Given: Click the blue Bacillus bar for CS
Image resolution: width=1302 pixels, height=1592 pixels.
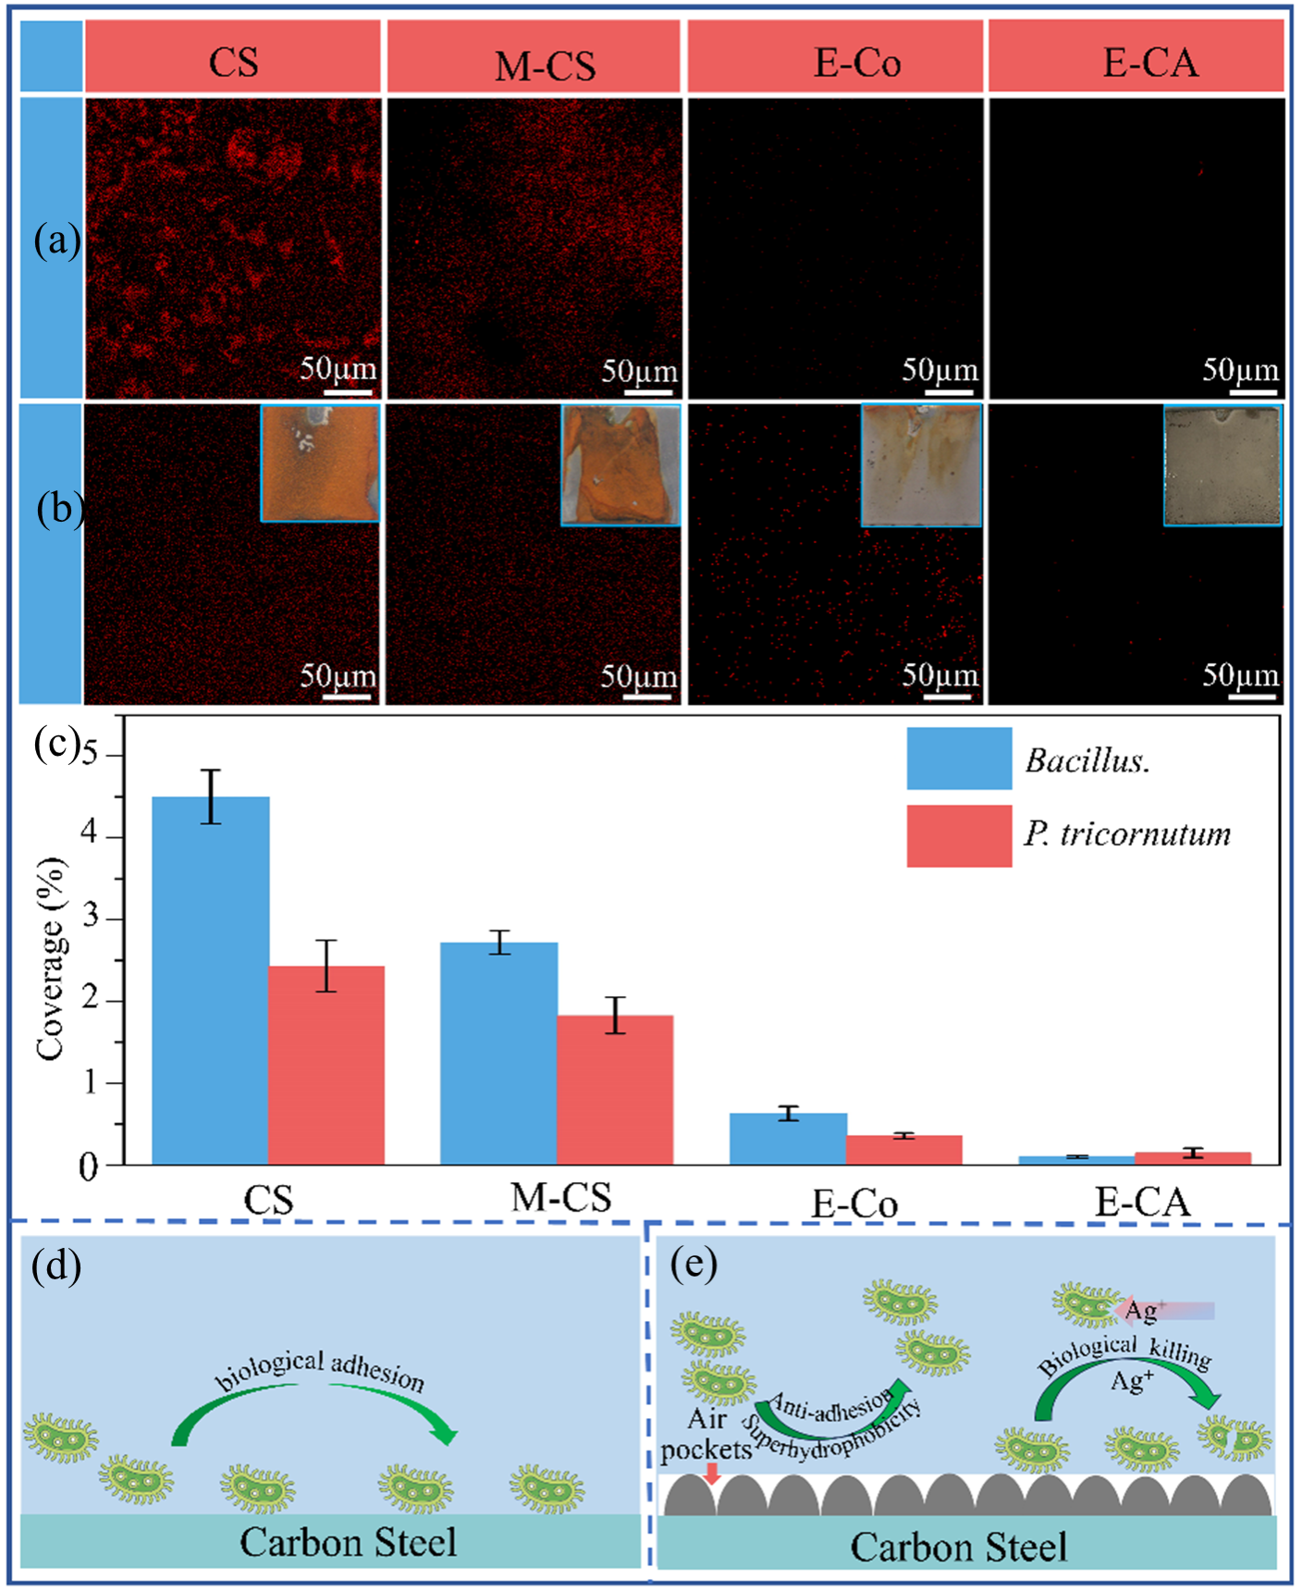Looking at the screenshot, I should click(x=210, y=980).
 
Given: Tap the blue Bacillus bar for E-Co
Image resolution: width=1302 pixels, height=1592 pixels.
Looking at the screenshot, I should click(x=788, y=1138).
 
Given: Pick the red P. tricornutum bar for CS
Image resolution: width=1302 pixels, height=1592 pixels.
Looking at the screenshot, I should click(x=326, y=1064).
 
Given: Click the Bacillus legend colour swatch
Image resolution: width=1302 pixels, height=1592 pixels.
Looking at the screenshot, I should click(x=958, y=759).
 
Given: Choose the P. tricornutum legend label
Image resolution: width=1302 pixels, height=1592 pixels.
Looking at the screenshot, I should click(x=1127, y=834).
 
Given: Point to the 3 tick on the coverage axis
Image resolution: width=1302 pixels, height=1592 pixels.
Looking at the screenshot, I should click(x=90, y=919).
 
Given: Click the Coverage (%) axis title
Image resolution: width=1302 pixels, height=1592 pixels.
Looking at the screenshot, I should click(x=51, y=958).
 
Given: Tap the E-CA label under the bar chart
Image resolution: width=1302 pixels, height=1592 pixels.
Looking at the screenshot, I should click(x=1142, y=1202).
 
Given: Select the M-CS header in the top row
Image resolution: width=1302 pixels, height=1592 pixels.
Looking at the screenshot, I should click(x=545, y=66).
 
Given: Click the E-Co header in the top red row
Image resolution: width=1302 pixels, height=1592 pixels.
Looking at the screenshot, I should click(x=856, y=63).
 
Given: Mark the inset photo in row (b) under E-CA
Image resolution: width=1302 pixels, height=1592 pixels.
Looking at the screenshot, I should click(x=1222, y=465).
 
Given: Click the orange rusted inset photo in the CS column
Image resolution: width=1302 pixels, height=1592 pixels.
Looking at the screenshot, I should click(x=319, y=463).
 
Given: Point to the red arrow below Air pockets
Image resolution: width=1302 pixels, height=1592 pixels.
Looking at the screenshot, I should click(x=710, y=1474).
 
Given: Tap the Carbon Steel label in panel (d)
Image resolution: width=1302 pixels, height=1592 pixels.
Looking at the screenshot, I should click(x=349, y=1542).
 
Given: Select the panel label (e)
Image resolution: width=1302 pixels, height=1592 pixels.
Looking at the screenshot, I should click(x=694, y=1263).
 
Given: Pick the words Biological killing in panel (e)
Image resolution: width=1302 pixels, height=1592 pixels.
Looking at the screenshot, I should click(x=1124, y=1356).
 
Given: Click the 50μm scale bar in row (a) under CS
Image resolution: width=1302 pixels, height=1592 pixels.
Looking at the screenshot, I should click(x=348, y=391).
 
